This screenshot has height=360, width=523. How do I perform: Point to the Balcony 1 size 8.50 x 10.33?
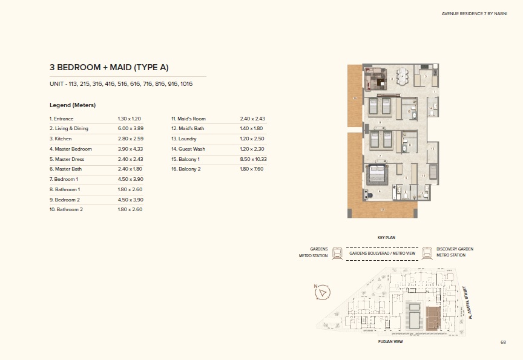[x=254, y=159]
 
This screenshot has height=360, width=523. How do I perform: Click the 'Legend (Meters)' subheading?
[x=73, y=105]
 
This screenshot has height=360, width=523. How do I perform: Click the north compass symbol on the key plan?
[x=323, y=292]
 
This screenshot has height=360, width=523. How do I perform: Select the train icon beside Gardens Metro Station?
[x=337, y=252]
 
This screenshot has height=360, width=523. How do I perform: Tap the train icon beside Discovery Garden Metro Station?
[x=427, y=252]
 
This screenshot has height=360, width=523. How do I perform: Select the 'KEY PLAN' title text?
[x=386, y=238]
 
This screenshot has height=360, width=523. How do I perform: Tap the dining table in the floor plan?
[x=404, y=77]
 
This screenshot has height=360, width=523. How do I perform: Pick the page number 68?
[x=502, y=342]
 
